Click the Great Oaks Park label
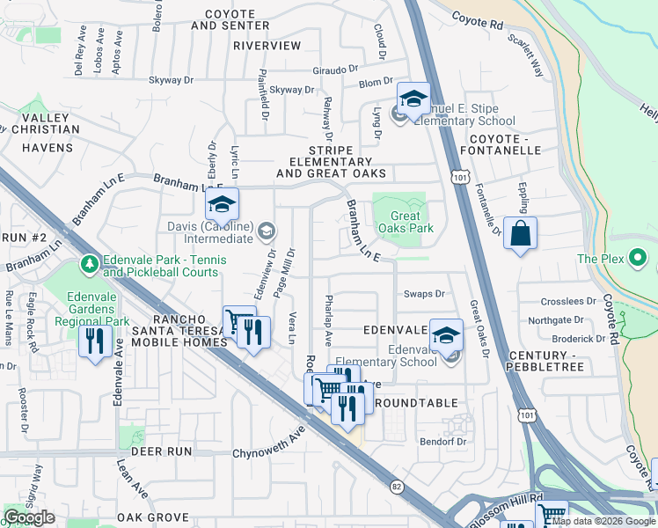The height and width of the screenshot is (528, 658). click(x=405, y=222)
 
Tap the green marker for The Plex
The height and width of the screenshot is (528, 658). click(x=639, y=258)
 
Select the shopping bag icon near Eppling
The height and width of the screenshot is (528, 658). click(x=520, y=234)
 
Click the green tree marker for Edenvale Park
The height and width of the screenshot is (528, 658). click(x=88, y=264)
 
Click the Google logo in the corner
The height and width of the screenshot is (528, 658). click(x=29, y=517)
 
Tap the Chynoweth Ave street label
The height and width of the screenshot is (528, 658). click(x=268, y=454)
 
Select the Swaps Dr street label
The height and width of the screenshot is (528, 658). click(x=424, y=294)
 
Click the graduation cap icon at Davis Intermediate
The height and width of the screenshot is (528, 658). click(x=223, y=205)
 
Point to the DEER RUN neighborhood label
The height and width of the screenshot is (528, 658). click(x=161, y=451)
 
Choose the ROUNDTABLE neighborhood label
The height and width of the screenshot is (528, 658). click(x=415, y=403)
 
